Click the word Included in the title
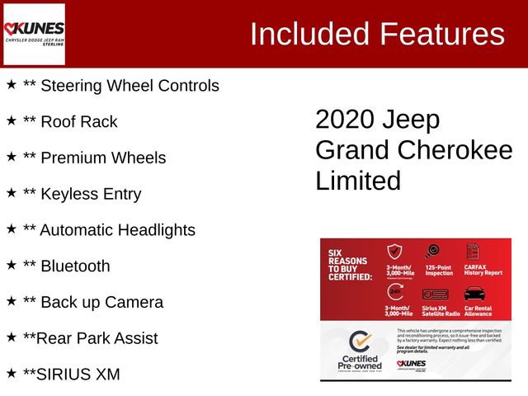coord(309,34)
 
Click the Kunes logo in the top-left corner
coord(34,34)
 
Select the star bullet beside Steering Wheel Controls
coord(12,85)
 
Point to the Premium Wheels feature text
coord(103,158)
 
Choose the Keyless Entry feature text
coord(91,195)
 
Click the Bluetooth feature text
coord(75,266)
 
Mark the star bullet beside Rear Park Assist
coord(12,337)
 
